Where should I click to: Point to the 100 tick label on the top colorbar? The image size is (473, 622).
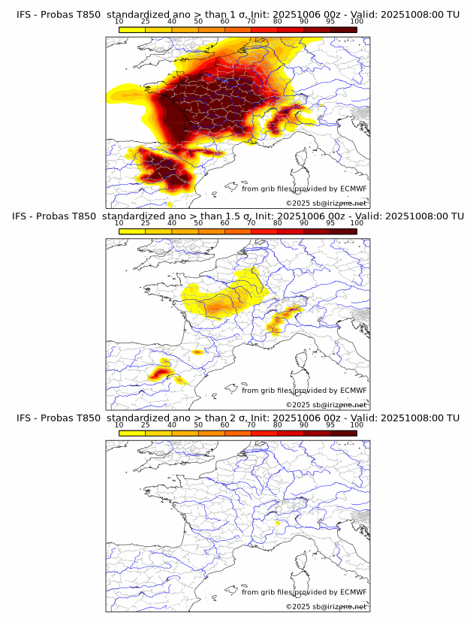tap(357, 22)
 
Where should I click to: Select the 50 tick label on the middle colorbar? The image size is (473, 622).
tap(198, 223)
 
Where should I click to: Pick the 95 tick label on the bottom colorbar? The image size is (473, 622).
tap(330, 424)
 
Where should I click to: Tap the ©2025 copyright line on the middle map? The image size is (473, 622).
tap(326, 404)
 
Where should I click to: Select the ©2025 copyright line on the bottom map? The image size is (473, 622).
tap(326, 605)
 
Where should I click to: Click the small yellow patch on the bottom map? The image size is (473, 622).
tap(277, 522)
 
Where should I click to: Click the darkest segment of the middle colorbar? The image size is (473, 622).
tap(343, 231)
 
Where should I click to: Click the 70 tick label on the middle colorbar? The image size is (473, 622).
tap(251, 223)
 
